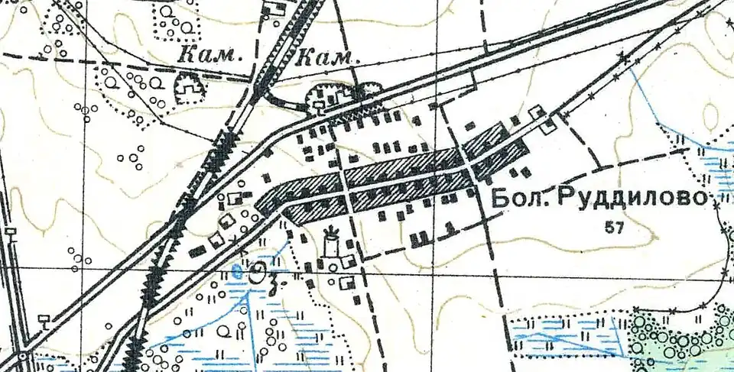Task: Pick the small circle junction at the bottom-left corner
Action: click(x=24, y=355)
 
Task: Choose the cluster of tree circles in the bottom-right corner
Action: click(x=680, y=336)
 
